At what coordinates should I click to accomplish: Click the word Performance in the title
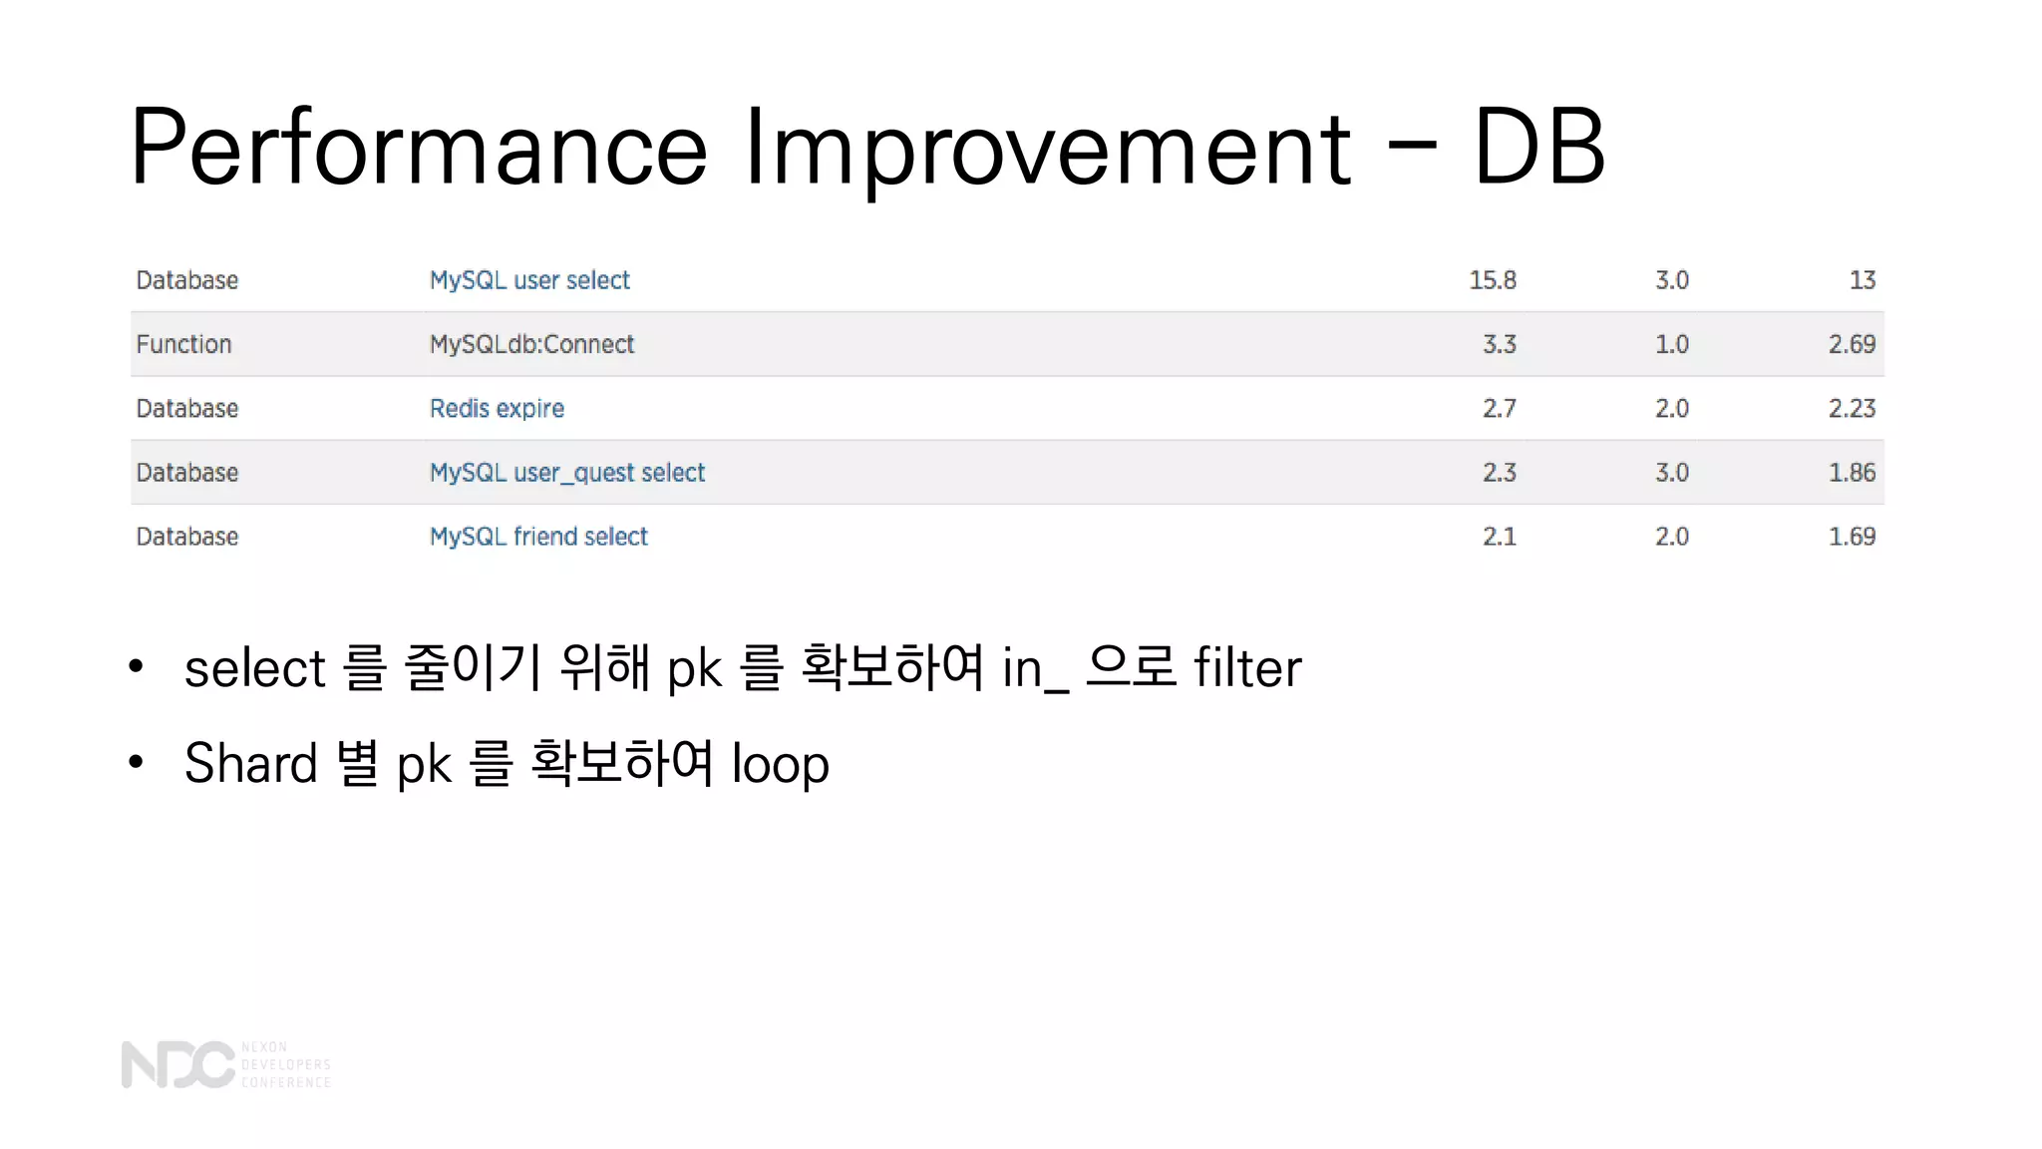pos(419,148)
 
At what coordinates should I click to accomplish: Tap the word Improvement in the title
pos(1048,148)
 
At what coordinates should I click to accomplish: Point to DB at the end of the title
pos(1538,148)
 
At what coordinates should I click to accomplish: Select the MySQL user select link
pos(529,280)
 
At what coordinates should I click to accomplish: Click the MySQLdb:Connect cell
pos(531,344)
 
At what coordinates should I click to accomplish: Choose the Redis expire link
pos(497,408)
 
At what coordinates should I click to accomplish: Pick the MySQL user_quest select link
pos(566,473)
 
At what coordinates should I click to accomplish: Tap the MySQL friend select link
pos(538,537)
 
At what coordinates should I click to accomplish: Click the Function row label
pos(183,344)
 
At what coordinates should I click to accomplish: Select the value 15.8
pos(1492,280)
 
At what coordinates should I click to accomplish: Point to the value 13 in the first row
pos(1862,280)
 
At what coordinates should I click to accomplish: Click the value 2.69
pos(1852,344)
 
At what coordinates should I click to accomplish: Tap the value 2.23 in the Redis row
pos(1852,408)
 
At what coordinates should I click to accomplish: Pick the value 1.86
pos(1852,473)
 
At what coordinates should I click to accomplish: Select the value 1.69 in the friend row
pos(1852,537)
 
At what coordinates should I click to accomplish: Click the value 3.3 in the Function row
pos(1499,344)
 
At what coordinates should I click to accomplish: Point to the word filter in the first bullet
pos(1247,667)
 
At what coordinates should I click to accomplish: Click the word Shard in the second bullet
pos(250,763)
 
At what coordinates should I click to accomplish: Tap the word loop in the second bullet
pos(780,765)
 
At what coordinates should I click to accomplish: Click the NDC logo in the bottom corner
pos(177,1064)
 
